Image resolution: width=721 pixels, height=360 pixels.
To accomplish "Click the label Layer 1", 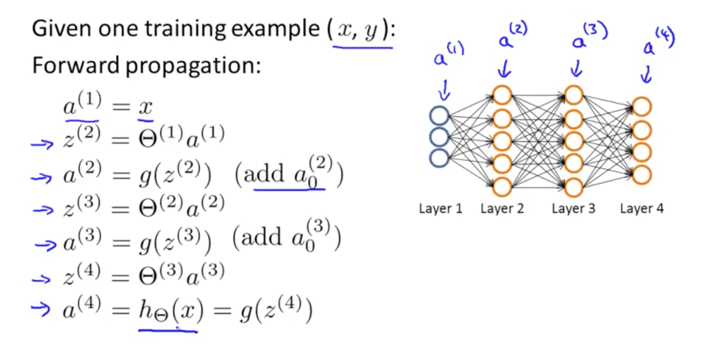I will pos(441,209).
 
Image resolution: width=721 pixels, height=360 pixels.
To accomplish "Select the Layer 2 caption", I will pos(502,209).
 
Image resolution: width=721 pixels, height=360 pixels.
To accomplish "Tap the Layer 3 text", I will pos(573,209).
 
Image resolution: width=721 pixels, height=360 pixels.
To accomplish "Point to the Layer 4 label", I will pos(641,209).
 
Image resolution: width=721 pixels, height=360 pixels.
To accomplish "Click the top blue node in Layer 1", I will pos(439,116).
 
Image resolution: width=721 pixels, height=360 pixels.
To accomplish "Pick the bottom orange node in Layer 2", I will pos(502,187).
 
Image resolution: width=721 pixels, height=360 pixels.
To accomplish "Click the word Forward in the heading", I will pos(75,65).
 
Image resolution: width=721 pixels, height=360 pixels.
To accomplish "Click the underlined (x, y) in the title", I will pos(361,31).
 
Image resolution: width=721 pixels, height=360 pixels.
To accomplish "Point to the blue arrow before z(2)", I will pos(42,144).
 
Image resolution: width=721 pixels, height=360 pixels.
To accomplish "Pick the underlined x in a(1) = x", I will pos(146,108).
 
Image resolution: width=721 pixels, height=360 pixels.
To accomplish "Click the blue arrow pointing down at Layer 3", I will pos(576,69).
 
